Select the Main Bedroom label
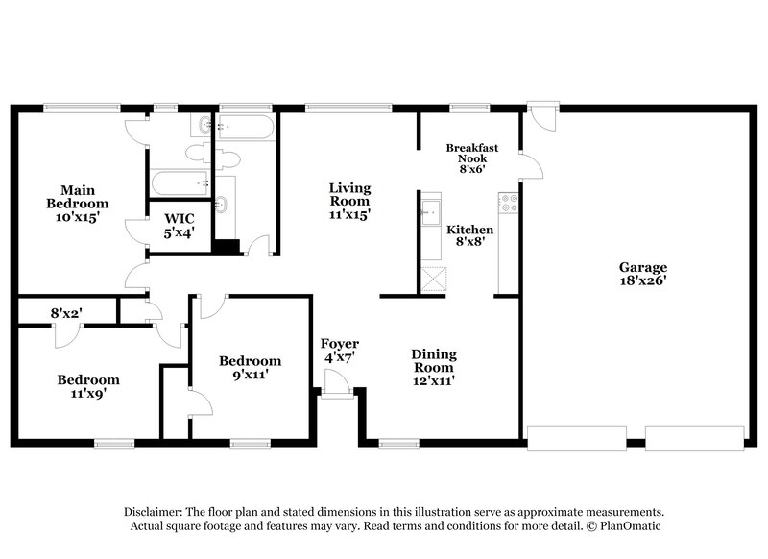[78, 196]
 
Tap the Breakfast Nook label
[471, 157]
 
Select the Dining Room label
[433, 366]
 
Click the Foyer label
[340, 351]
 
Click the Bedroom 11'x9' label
[86, 386]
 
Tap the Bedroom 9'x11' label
[250, 367]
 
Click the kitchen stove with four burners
[508, 203]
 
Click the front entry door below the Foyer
[337, 383]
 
